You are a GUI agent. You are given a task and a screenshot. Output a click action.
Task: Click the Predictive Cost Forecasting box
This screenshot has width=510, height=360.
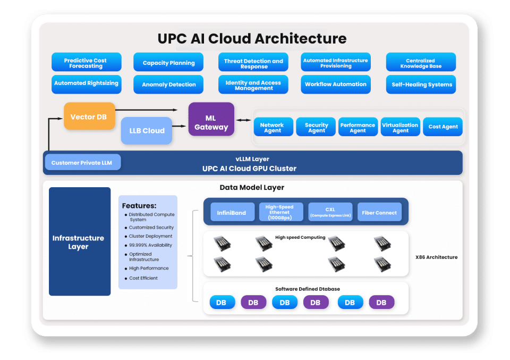pos(86,62)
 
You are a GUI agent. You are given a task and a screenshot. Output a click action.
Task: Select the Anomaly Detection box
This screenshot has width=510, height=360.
pos(168,85)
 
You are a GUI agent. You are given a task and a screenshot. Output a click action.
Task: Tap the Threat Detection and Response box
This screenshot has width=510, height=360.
pos(253,62)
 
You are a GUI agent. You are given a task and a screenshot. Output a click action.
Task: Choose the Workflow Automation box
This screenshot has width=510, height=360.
pos(336,85)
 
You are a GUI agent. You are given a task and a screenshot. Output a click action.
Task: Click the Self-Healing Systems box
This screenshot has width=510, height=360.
pos(421,85)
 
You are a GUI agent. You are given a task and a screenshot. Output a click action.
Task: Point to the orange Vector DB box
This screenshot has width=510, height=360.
pos(89,116)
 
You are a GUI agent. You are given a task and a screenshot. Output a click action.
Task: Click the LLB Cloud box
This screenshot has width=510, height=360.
pos(147,131)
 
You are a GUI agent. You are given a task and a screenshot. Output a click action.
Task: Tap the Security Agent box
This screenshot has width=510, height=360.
pos(316,127)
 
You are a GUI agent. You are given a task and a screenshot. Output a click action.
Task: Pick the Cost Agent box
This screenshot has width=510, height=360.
pos(443,127)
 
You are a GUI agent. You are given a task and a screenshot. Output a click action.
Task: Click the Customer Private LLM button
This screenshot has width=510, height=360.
pos(82,162)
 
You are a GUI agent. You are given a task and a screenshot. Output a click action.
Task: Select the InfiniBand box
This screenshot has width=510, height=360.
pos(232,213)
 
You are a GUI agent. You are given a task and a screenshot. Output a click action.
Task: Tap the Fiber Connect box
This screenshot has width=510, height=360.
pos(379,213)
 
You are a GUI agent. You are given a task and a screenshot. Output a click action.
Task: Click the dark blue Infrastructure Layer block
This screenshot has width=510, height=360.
pos(80,241)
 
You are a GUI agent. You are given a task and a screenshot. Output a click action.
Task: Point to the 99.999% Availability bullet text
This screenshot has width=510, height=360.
pos(150,245)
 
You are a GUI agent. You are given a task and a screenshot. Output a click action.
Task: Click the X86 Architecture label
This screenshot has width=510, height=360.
pos(436,257)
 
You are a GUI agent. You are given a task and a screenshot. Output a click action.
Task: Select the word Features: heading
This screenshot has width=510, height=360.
pos(139,206)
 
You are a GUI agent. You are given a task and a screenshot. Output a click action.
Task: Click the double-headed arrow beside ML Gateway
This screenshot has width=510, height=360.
pos(244,120)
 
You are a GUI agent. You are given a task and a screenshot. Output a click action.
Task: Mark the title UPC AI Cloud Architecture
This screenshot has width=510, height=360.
pos(252,39)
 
